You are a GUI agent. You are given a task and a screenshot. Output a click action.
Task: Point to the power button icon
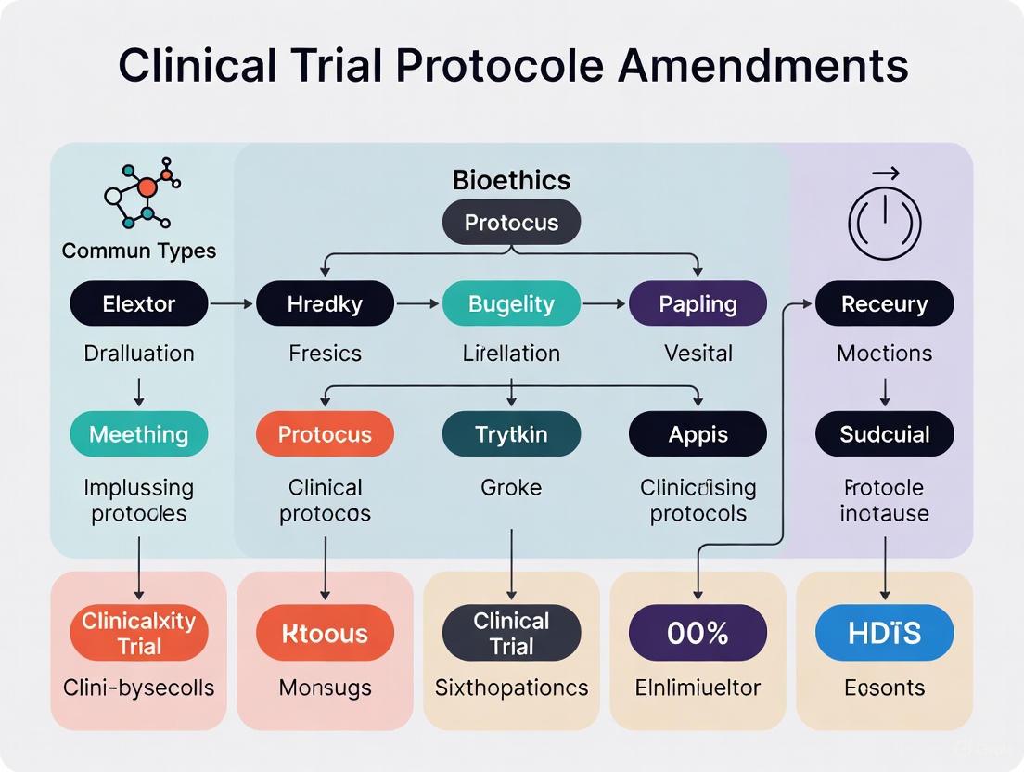tap(884, 219)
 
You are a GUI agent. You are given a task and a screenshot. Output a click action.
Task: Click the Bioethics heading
tap(511, 180)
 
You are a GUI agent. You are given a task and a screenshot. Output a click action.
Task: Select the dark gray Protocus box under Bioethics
tap(511, 223)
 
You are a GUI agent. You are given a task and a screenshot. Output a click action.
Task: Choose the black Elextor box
tap(139, 303)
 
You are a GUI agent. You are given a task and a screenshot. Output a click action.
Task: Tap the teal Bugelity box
tap(511, 303)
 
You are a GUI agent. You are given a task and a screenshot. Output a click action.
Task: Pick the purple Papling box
tap(698, 303)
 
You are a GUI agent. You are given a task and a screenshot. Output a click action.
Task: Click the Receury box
tap(884, 303)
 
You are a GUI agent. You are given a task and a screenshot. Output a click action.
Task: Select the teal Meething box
tap(139, 434)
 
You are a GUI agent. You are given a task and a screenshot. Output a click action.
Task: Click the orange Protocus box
tap(325, 434)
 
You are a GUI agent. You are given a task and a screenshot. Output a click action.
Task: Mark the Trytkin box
tap(511, 434)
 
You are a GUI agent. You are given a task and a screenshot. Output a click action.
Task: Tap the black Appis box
tap(698, 434)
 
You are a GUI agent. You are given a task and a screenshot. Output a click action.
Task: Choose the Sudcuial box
tap(884, 434)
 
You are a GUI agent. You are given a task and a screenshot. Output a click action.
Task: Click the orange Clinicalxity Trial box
tap(139, 634)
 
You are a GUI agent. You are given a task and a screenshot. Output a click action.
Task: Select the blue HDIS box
tap(884, 634)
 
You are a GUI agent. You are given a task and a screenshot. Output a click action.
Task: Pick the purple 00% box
tap(698, 634)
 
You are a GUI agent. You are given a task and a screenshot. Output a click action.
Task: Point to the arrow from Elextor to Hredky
tap(232, 303)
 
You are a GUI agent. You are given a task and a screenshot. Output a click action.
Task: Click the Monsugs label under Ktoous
tap(325, 688)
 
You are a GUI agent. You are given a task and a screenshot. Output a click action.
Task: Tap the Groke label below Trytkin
tap(511, 487)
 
